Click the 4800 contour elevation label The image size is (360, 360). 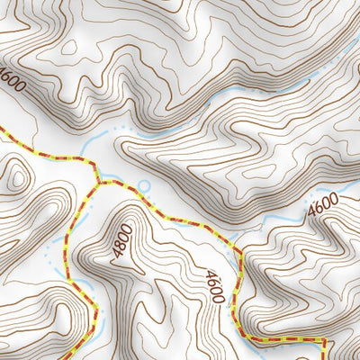[123, 241]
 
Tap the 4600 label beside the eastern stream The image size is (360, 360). [322, 208]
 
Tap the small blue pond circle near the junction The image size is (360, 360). [142, 187]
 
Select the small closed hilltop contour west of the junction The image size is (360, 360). [15, 177]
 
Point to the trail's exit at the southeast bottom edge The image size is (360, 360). [323, 358]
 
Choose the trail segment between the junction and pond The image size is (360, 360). [117, 184]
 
